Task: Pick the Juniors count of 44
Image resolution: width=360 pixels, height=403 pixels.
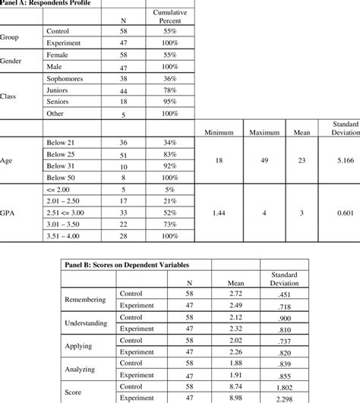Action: click(123, 91)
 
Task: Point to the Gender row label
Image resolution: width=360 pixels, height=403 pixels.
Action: click(14, 60)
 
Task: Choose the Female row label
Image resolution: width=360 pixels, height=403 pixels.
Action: click(60, 55)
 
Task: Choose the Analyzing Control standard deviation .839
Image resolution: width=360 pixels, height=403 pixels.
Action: click(285, 363)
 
